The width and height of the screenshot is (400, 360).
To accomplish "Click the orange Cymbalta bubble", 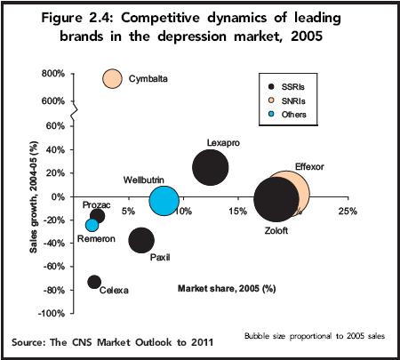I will [x=112, y=78].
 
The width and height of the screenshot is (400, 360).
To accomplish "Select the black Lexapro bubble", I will [x=210, y=167].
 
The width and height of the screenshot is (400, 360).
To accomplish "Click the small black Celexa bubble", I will [x=94, y=282].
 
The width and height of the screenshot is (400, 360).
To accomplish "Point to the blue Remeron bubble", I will [x=92, y=225].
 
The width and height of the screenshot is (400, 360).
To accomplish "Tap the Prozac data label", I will [x=96, y=204].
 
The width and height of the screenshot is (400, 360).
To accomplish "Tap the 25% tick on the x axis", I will [x=348, y=211].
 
